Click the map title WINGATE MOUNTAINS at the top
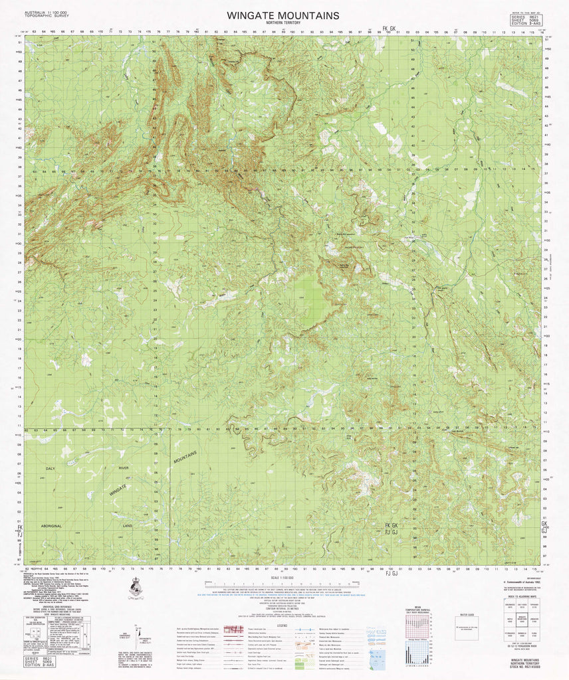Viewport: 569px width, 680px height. coord(283,15)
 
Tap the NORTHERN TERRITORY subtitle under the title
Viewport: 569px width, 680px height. coord(283,23)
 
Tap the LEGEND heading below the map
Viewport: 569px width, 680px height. coord(282,624)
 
